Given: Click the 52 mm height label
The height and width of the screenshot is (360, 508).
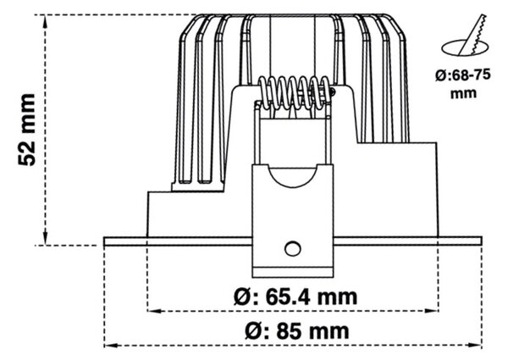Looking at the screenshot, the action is [26, 130].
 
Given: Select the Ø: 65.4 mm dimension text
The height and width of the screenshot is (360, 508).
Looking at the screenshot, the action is [295, 296].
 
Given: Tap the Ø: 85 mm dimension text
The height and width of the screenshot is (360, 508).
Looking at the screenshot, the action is [297, 331].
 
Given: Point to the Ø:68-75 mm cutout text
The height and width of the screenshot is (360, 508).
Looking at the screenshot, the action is [463, 84].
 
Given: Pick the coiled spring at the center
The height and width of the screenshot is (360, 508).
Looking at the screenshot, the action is [295, 92].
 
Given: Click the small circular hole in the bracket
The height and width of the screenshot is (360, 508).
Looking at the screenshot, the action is [293, 249].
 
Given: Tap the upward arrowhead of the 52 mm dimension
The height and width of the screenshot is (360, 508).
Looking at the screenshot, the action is [46, 21].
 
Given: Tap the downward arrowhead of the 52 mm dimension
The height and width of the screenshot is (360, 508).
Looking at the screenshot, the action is [46, 238].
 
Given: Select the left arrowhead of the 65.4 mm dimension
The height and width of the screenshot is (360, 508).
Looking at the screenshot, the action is [154, 311].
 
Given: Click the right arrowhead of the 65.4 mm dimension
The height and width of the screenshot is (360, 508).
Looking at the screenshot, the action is [432, 311].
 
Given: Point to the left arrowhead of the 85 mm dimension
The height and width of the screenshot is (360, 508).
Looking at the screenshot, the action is [111, 346].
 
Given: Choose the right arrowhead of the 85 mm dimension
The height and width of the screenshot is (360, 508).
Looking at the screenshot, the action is [475, 346].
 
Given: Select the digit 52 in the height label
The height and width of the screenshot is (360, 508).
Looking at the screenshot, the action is [26, 152].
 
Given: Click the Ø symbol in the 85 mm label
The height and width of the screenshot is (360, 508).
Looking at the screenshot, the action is [253, 331].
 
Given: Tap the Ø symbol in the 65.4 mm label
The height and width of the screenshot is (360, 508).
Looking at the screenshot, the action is [242, 296].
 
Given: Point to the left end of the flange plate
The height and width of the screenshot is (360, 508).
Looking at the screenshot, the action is [104, 241].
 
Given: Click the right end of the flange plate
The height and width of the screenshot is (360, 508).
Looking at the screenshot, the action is [482, 241].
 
